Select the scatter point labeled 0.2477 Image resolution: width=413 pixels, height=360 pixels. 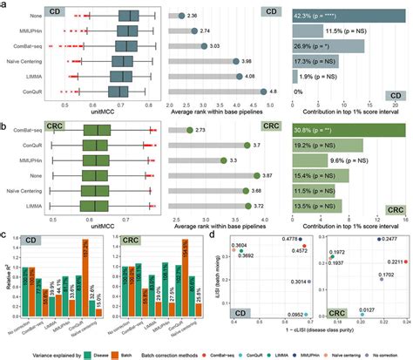click(379, 238)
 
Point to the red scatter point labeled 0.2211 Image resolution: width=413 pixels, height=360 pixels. click(403, 261)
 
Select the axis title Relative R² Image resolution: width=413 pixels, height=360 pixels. click(6, 271)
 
